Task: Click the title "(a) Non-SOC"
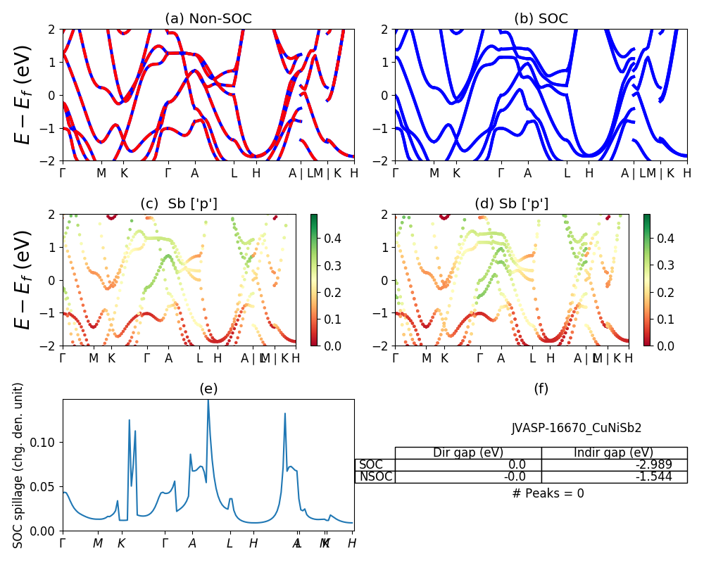(208, 18)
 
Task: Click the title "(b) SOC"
(541, 18)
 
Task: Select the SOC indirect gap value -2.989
(650, 464)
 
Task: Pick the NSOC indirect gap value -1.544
(650, 476)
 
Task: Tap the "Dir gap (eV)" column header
(468, 453)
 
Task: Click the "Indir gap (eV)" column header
(614, 453)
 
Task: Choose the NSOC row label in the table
(375, 476)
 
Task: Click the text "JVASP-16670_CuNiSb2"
(577, 427)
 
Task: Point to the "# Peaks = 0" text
(548, 493)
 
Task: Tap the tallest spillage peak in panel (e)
(208, 401)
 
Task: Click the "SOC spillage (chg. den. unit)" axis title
(19, 465)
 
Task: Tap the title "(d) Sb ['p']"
(511, 203)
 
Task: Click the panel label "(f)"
(541, 388)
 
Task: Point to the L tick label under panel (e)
(230, 543)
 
